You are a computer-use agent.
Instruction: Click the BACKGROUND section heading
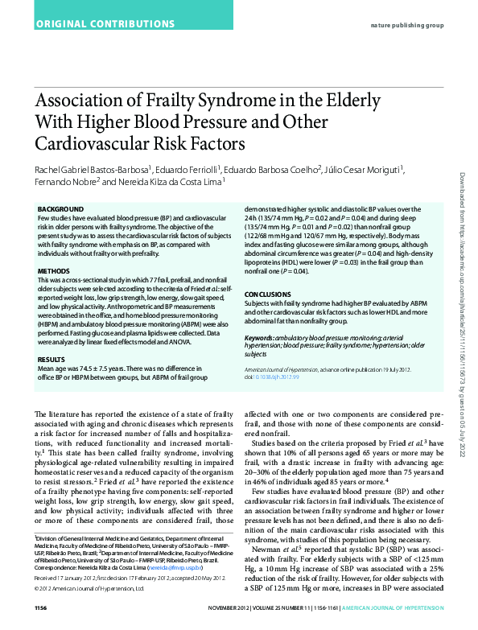[60, 208]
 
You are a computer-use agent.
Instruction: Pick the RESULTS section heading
[52, 359]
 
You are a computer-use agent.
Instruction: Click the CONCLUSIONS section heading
[266, 295]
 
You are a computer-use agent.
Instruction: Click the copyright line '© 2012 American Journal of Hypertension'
[89, 587]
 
